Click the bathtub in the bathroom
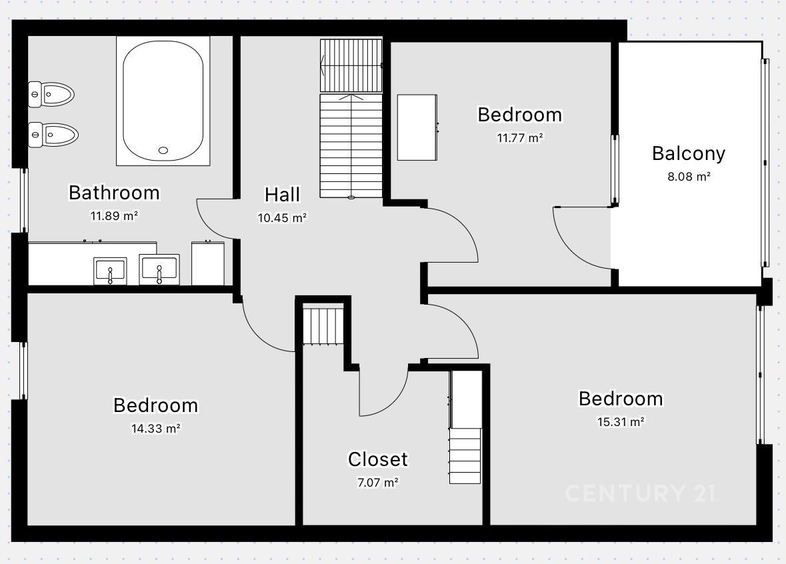[x=163, y=101]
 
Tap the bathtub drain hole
[x=163, y=150]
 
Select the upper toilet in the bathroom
[x=51, y=94]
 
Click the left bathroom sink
[x=110, y=271]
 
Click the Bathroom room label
[x=114, y=193]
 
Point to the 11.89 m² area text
[x=114, y=216]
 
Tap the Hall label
[x=282, y=195]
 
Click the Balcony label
[x=689, y=154]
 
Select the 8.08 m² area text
[x=689, y=177]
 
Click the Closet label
[x=378, y=460]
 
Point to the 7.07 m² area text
[x=378, y=483]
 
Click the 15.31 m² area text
[x=621, y=422]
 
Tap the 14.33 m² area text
[x=156, y=429]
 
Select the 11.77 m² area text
[x=520, y=138]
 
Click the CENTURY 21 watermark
[x=641, y=493]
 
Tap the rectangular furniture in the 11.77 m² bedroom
[x=417, y=127]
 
